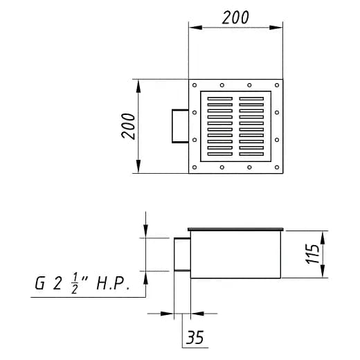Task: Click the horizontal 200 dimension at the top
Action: (x=235, y=17)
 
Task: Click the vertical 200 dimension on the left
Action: (x=128, y=126)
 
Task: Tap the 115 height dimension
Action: (x=313, y=253)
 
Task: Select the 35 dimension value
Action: (x=195, y=337)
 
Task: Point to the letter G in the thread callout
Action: (x=39, y=283)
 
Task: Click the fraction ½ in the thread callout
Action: (x=74, y=283)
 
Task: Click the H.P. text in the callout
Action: (x=113, y=284)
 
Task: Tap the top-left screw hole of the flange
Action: (x=195, y=85)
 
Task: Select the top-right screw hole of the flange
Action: (x=277, y=85)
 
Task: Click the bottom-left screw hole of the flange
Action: (x=195, y=168)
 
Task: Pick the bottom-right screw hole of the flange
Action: (x=277, y=168)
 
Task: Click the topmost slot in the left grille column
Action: (x=220, y=98)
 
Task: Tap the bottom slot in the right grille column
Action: (x=251, y=154)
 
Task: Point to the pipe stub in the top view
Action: (x=180, y=126)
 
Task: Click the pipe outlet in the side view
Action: (x=182, y=254)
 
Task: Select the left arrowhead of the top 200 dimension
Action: (x=195, y=28)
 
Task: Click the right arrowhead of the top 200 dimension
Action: (x=276, y=28)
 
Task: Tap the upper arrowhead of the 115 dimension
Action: (x=323, y=237)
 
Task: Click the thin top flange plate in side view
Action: (x=235, y=229)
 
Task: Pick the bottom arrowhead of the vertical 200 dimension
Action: (x=138, y=166)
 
